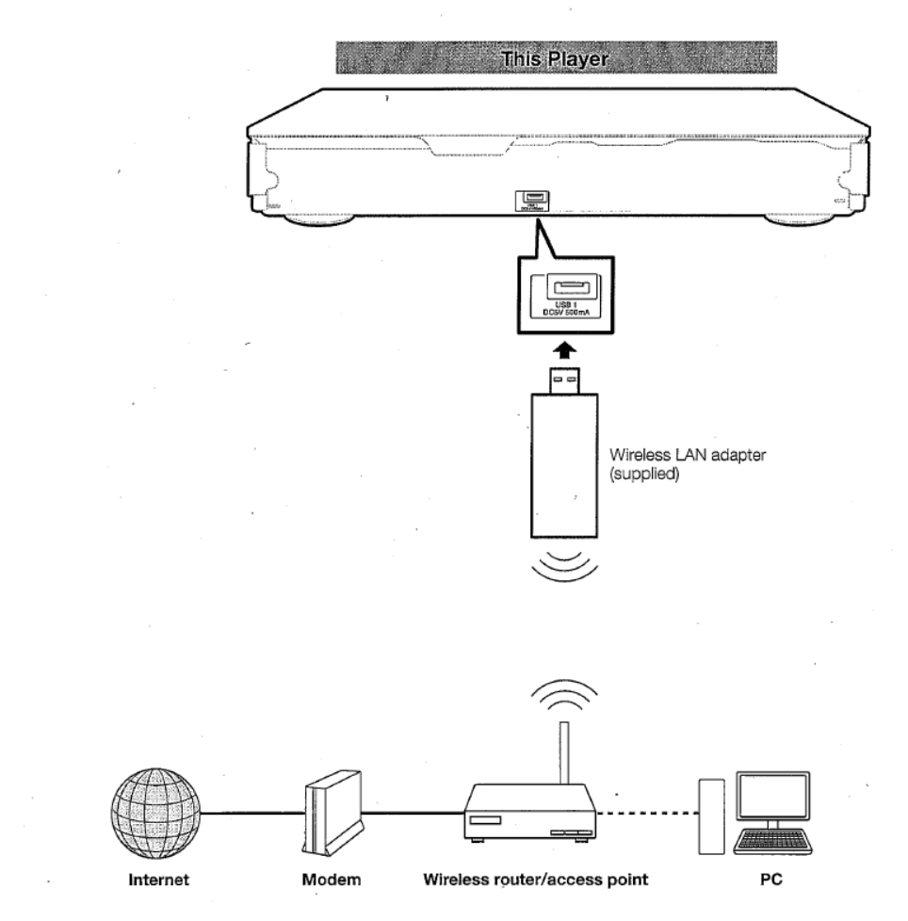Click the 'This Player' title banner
556,57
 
